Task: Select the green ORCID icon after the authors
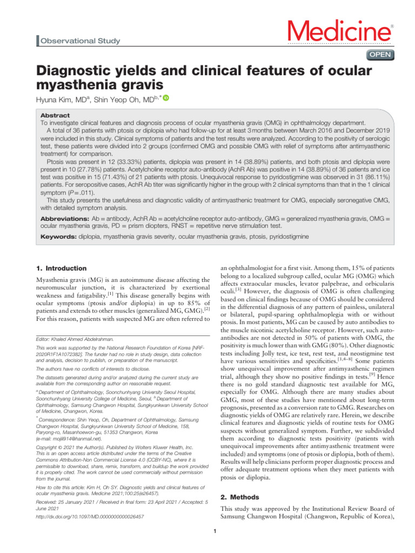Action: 166,98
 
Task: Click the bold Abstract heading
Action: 56,116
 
